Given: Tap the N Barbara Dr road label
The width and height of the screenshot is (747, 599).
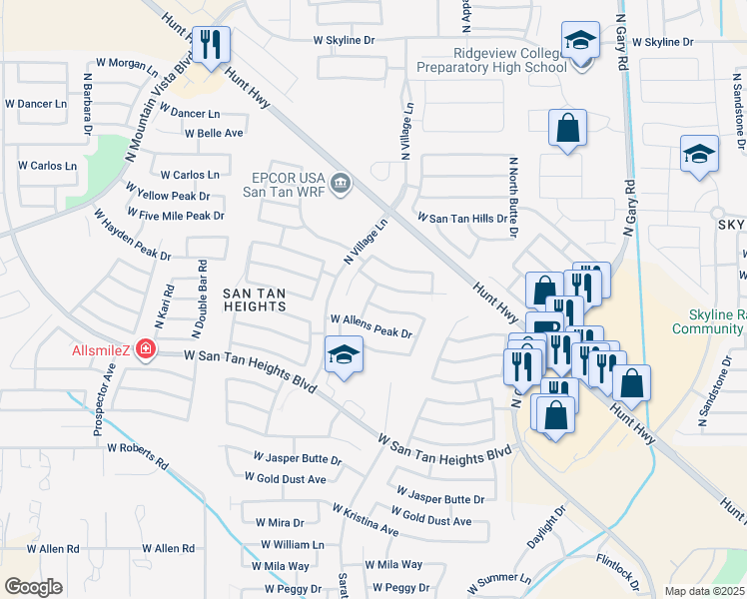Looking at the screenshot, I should click(x=88, y=103).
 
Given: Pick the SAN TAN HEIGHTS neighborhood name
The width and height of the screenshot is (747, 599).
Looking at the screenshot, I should click(x=254, y=299).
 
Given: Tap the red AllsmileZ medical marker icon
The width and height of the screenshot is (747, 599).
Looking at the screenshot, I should click(x=146, y=348).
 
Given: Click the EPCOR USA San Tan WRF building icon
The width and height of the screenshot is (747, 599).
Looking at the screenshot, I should click(x=341, y=183).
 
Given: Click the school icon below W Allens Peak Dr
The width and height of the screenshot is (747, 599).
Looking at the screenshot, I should click(x=343, y=354).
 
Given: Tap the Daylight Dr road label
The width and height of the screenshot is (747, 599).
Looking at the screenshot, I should click(x=545, y=525).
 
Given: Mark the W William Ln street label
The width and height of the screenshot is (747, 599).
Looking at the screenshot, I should click(x=293, y=545).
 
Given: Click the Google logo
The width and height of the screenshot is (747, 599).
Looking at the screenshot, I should click(x=33, y=587).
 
